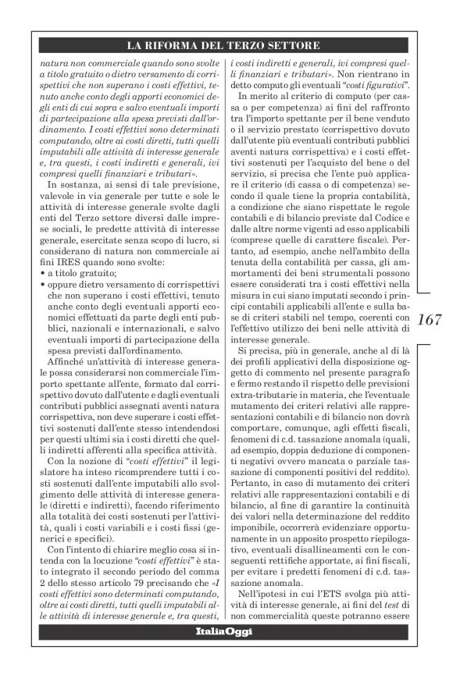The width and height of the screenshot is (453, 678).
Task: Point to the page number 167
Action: pos(430,321)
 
